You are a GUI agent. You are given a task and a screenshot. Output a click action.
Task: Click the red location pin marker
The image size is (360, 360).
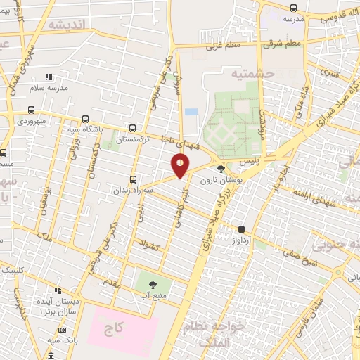pos(181,166)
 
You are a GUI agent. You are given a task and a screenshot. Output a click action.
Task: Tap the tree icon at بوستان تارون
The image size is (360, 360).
pos(221,169)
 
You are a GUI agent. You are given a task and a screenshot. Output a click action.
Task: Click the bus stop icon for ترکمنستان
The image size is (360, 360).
pos(134,129)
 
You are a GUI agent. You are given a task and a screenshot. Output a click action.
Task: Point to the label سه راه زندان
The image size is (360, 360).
pos(131,190)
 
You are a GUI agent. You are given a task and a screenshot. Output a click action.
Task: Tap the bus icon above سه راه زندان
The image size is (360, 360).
pos(134,179)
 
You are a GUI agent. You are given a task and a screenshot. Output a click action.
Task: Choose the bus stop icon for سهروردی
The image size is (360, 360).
pos(31,110)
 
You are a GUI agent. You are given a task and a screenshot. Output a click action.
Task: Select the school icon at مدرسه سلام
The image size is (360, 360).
pos(49,77)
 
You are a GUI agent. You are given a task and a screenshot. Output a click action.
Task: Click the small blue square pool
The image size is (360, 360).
pos(191,112)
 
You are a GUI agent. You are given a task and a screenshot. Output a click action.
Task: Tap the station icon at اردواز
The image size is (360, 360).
pos(242,229)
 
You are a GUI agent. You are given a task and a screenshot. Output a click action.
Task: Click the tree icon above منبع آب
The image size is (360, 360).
pos(153,283)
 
